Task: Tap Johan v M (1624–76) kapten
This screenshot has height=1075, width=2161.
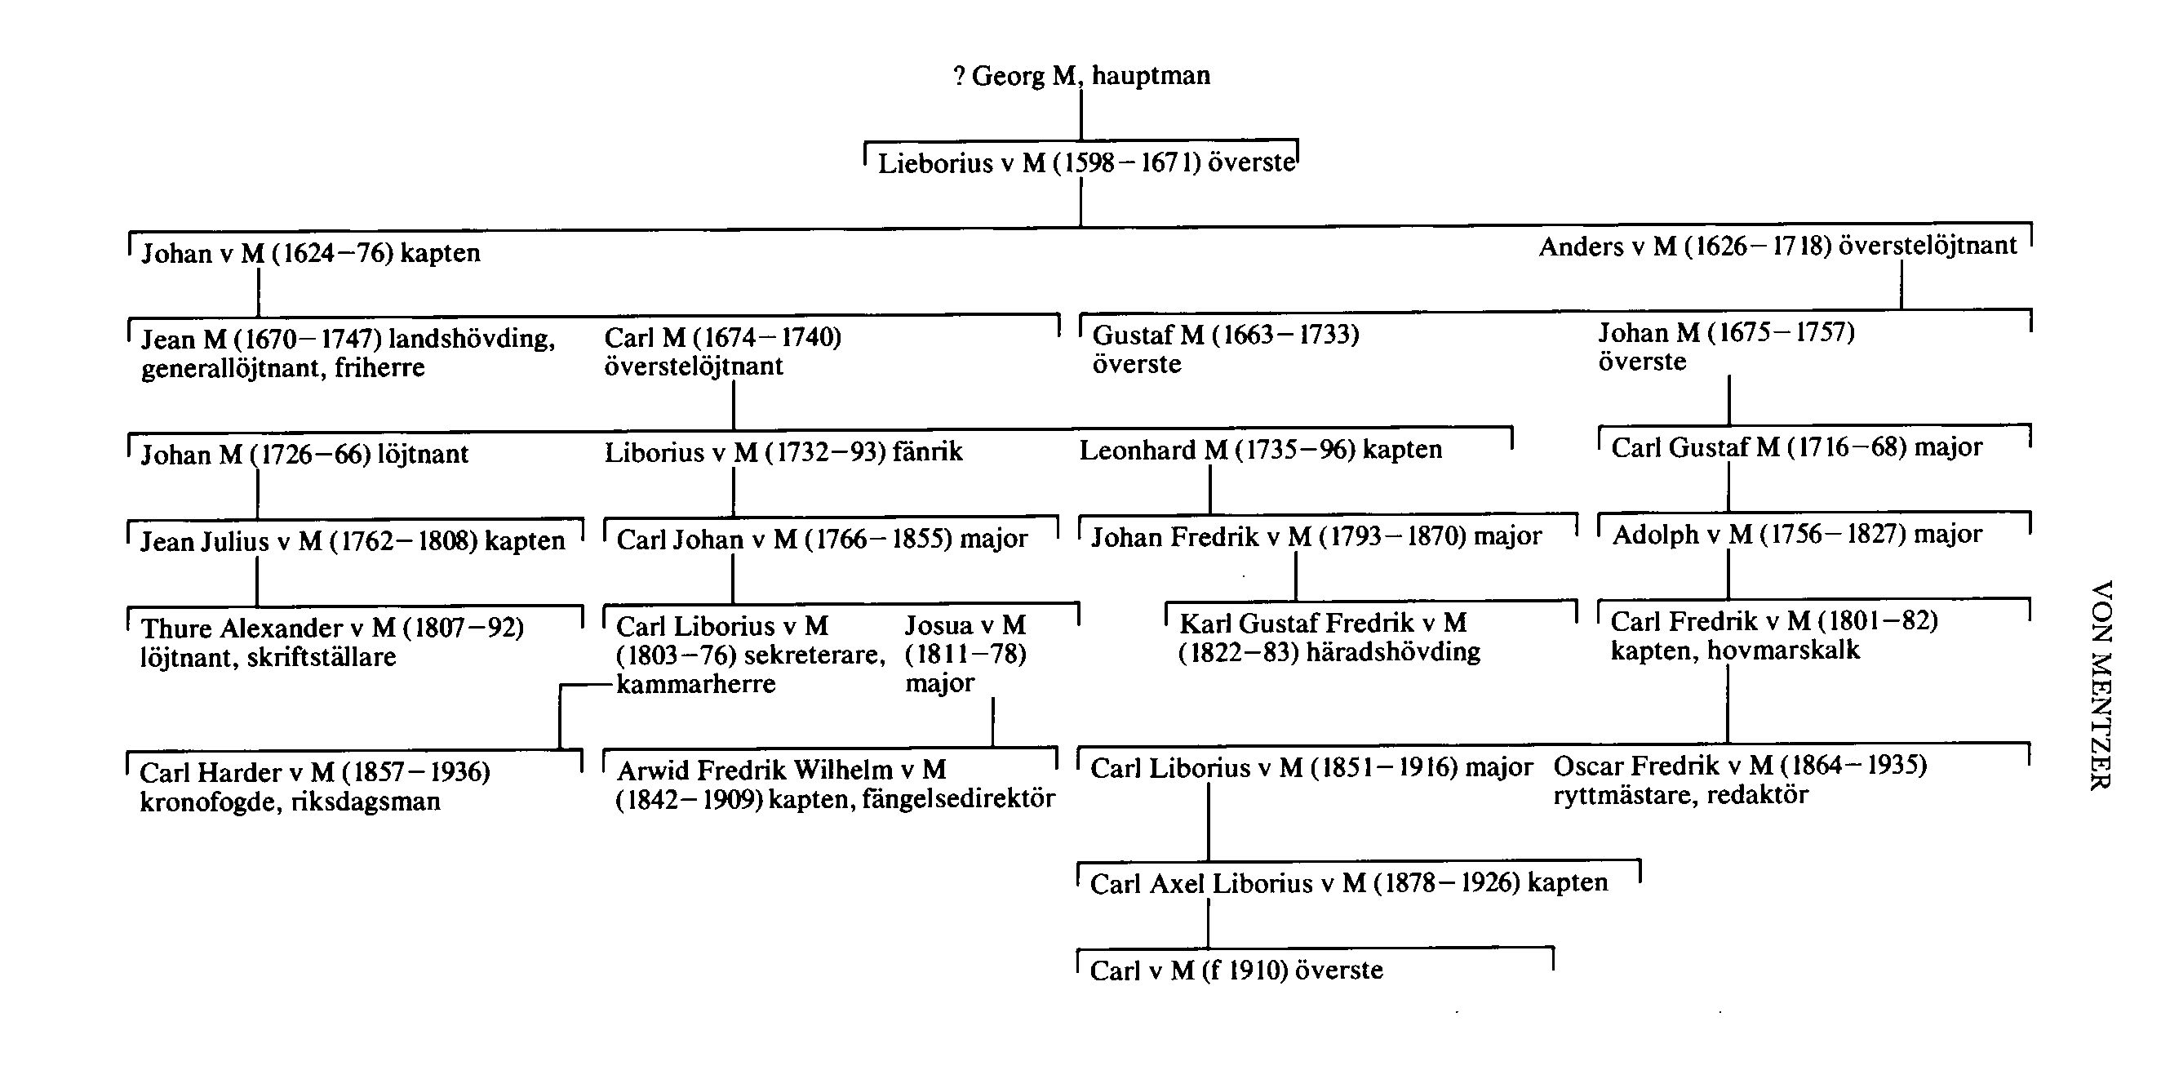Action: coord(310,253)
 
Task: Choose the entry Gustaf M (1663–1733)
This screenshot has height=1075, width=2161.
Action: coord(1225,335)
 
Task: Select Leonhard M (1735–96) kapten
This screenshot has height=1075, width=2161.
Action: coord(1260,451)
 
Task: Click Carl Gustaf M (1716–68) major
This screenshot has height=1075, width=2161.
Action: coord(1796,447)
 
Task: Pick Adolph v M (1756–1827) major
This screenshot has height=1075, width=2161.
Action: coord(1796,535)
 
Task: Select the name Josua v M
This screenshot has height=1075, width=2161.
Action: coord(965,625)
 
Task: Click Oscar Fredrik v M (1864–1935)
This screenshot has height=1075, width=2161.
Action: coord(1739,766)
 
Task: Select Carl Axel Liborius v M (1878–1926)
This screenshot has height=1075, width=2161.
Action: coord(1348,883)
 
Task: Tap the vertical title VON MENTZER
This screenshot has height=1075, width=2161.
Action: coord(2100,685)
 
